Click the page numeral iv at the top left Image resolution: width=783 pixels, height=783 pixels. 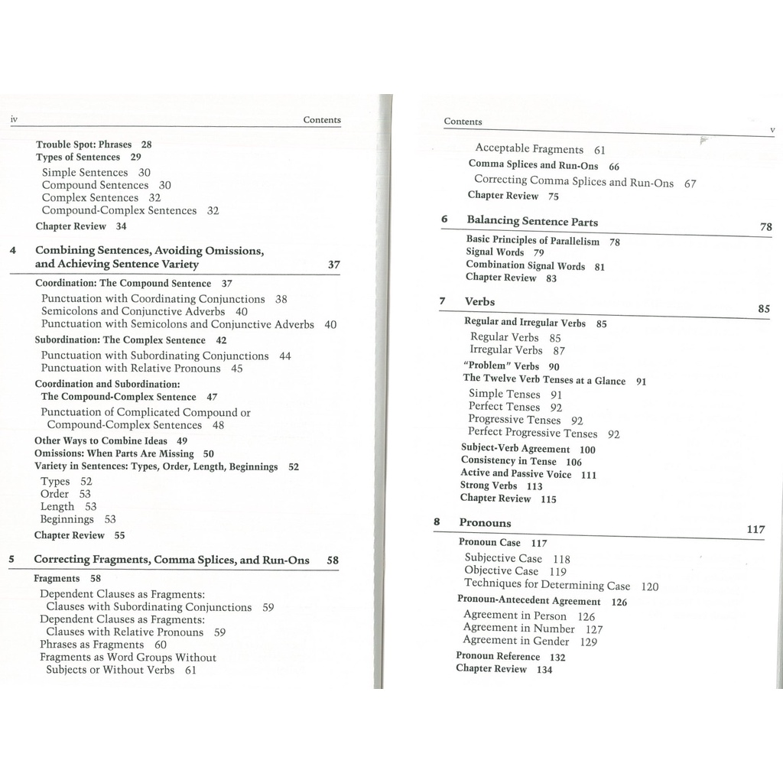click(13, 120)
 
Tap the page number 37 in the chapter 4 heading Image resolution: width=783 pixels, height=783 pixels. click(333, 265)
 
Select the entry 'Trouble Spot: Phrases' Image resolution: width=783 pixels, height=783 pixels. click(83, 145)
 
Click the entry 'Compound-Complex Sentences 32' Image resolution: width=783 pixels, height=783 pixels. click(130, 210)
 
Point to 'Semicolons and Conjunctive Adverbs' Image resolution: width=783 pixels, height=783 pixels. click(133, 311)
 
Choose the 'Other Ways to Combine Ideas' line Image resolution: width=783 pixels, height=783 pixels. click(100, 441)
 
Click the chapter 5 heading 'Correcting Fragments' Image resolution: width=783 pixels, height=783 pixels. click(171, 560)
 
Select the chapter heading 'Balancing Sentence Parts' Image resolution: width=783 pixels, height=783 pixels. click(532, 221)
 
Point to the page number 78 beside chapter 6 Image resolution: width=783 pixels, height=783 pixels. click(765, 227)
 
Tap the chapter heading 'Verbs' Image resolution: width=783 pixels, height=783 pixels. click(479, 301)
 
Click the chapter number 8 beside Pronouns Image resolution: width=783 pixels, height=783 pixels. click(437, 522)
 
